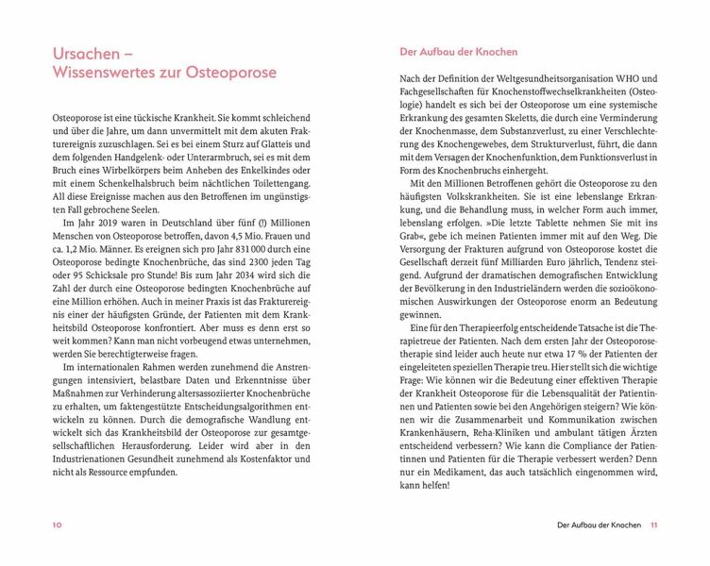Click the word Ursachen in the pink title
coord(84,51)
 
